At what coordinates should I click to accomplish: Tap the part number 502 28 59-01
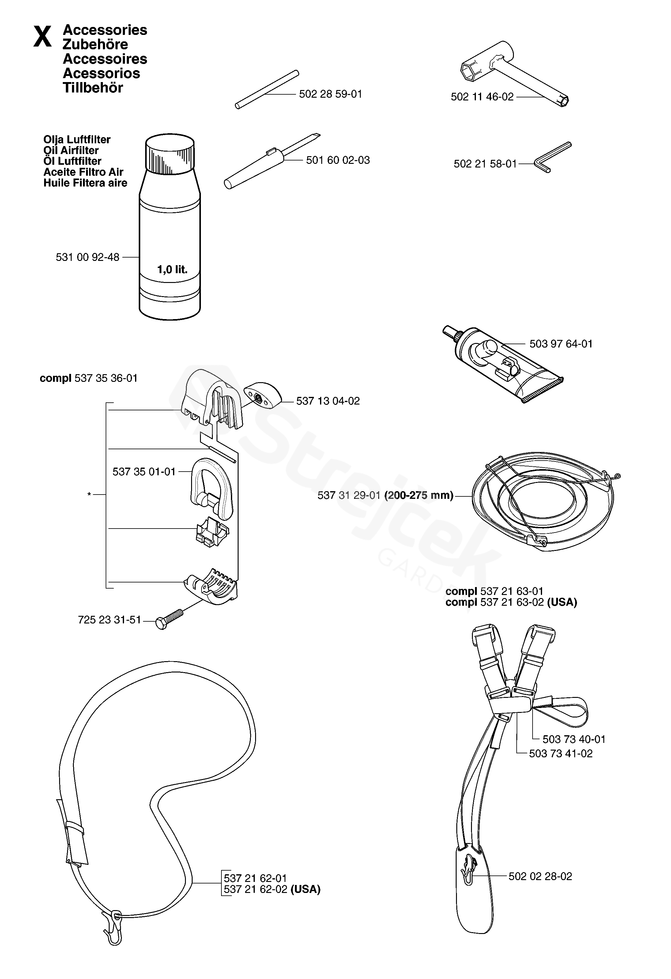330,94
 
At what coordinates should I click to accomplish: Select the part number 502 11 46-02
482,97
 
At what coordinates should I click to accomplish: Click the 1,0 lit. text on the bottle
172,269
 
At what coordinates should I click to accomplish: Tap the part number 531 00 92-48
88,257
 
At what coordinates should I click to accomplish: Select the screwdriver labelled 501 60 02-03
270,162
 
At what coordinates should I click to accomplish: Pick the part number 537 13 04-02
328,401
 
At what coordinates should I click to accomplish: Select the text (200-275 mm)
419,495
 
